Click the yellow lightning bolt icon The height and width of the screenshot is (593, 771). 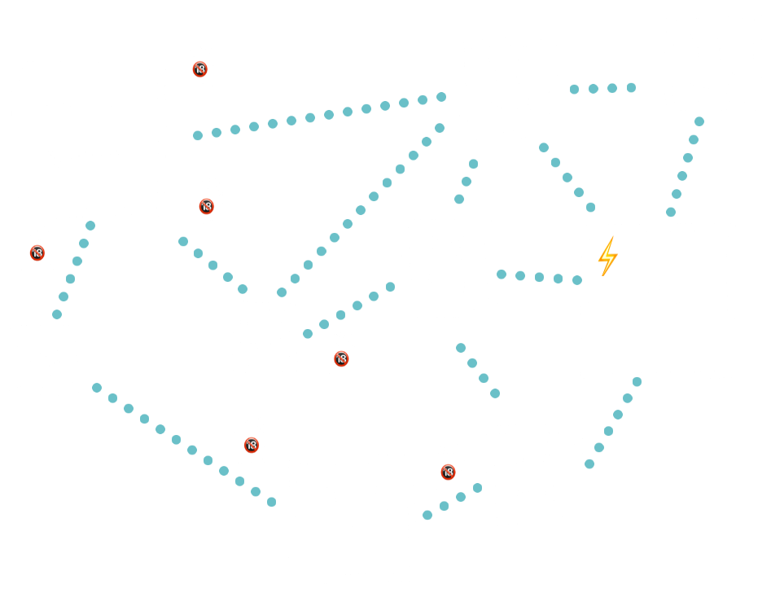607,256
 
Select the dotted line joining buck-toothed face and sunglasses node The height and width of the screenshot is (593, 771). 73,269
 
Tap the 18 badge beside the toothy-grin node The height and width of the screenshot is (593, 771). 341,358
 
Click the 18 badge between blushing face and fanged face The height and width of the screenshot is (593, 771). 448,472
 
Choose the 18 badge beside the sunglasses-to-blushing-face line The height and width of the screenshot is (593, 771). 252,445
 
